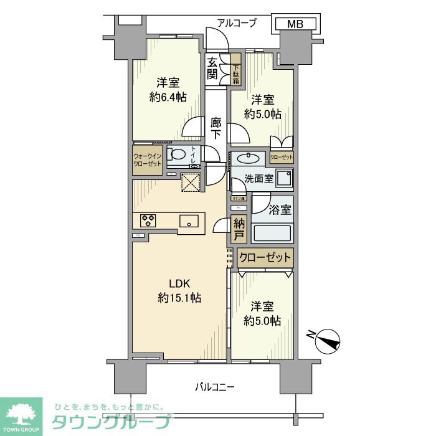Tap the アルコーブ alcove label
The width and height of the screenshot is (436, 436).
(237, 24)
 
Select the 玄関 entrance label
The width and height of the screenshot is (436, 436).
(213, 69)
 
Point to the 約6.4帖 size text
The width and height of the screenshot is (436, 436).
(168, 97)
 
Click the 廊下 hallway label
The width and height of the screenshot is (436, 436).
(216, 128)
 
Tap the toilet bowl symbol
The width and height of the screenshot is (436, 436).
(179, 155)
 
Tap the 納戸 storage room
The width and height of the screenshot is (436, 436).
(239, 230)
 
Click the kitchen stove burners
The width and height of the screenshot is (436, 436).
(148, 220)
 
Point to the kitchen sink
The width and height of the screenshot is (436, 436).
(188, 221)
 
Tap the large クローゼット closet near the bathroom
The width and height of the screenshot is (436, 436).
(265, 257)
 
